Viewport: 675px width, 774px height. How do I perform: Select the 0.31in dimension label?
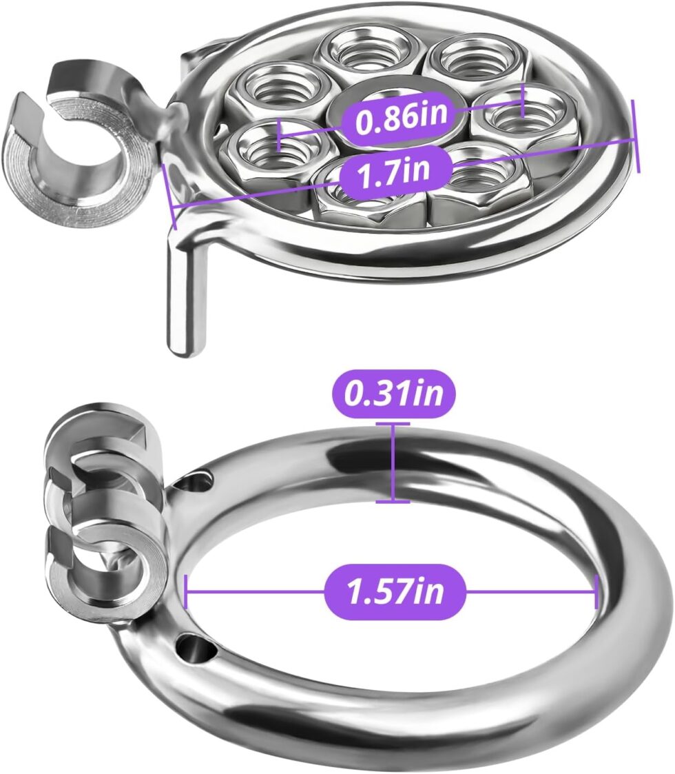click(393, 394)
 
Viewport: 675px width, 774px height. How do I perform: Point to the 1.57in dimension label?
click(395, 591)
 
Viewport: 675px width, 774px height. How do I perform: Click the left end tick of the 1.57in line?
click(185, 591)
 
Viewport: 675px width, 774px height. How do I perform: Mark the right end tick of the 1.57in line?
click(597, 591)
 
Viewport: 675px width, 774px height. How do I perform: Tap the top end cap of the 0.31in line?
click(393, 423)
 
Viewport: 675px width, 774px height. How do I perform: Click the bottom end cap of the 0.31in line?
click(393, 502)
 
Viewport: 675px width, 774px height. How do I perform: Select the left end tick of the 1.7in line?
click(169, 196)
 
